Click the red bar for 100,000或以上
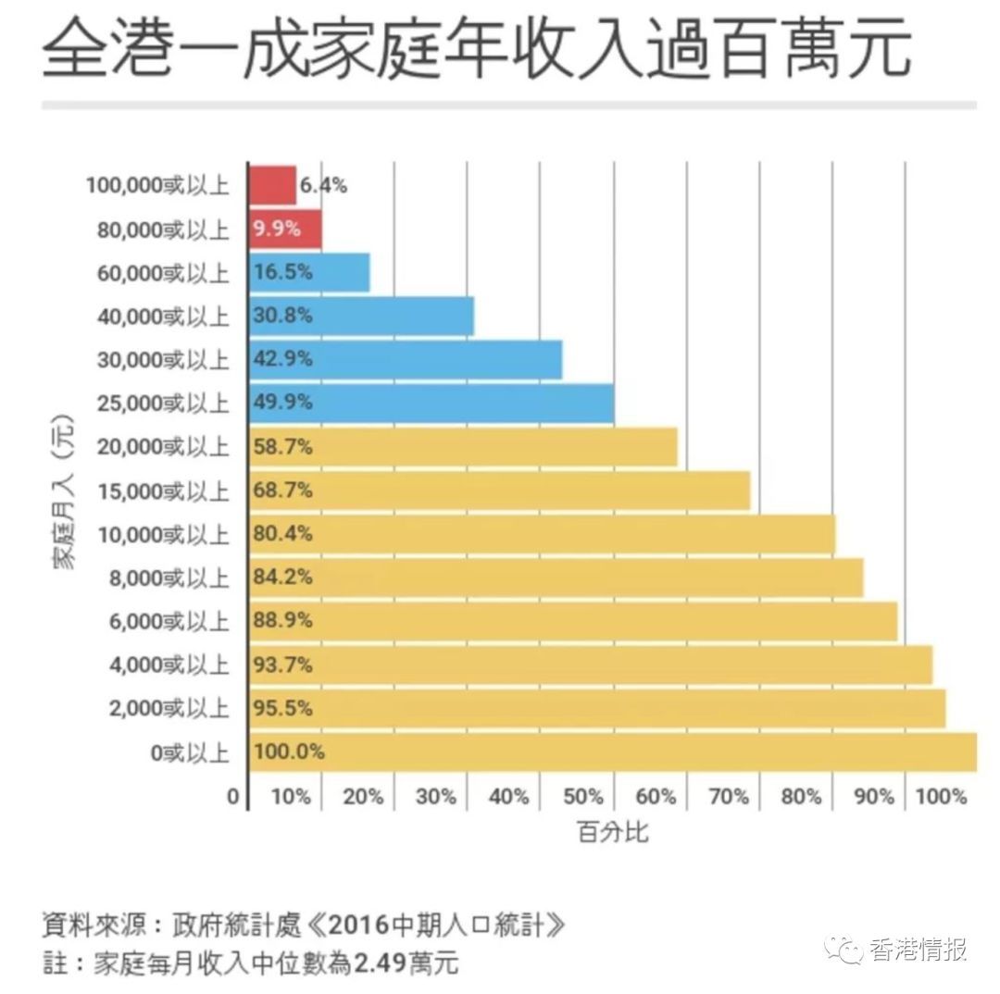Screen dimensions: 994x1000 tap(272, 185)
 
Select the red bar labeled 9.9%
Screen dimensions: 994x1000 tap(285, 229)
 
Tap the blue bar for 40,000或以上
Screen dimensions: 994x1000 tap(361, 316)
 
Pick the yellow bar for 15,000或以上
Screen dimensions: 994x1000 tap(500, 491)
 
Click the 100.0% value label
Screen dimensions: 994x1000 tap(288, 752)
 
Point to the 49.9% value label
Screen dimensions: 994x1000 tap(282, 403)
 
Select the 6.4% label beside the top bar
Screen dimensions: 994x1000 tap(323, 185)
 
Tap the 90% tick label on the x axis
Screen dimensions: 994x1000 tap(874, 796)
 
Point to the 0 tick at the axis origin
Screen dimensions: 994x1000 tap(233, 796)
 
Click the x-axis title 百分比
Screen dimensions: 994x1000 tap(614, 832)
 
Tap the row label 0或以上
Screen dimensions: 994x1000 tap(190, 752)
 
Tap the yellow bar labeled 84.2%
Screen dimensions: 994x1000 tap(556, 578)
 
